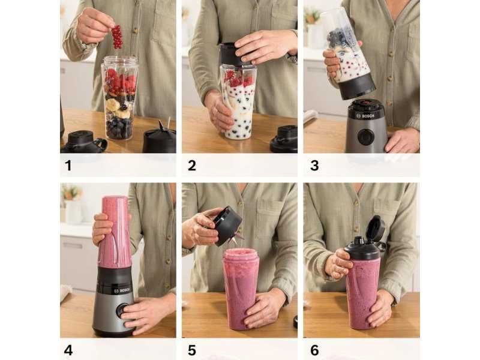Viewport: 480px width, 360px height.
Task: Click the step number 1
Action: pyautogui.click(x=68, y=166)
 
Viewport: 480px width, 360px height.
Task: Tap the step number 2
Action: pyautogui.click(x=192, y=166)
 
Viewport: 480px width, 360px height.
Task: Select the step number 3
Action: pyautogui.click(x=314, y=166)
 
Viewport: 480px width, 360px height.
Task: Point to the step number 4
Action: pyautogui.click(x=68, y=350)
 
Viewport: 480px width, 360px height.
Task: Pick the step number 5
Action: pyautogui.click(x=192, y=350)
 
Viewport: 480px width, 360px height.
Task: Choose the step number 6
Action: pyautogui.click(x=314, y=350)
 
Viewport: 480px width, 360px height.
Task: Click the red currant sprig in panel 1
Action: pyautogui.click(x=117, y=37)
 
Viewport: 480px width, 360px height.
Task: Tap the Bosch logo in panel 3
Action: pyautogui.click(x=365, y=116)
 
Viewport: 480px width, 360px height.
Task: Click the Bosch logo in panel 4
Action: pyautogui.click(x=122, y=290)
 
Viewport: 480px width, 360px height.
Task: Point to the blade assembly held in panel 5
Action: pyautogui.click(x=229, y=227)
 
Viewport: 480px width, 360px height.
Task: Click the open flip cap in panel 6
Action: pyautogui.click(x=377, y=228)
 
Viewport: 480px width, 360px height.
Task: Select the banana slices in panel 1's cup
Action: pyautogui.click(x=118, y=109)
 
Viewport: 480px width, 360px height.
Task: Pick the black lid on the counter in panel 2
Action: pyautogui.click(x=284, y=139)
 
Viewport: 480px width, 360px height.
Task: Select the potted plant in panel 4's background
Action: pyautogui.click(x=72, y=193)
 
